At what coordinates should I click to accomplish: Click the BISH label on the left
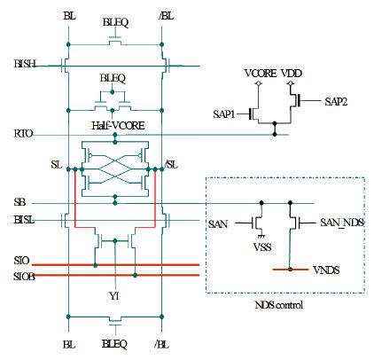26,64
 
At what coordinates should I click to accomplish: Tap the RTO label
24,135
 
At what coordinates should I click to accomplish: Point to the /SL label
172,166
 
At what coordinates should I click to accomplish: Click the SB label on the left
19,203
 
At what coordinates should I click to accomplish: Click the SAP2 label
338,103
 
